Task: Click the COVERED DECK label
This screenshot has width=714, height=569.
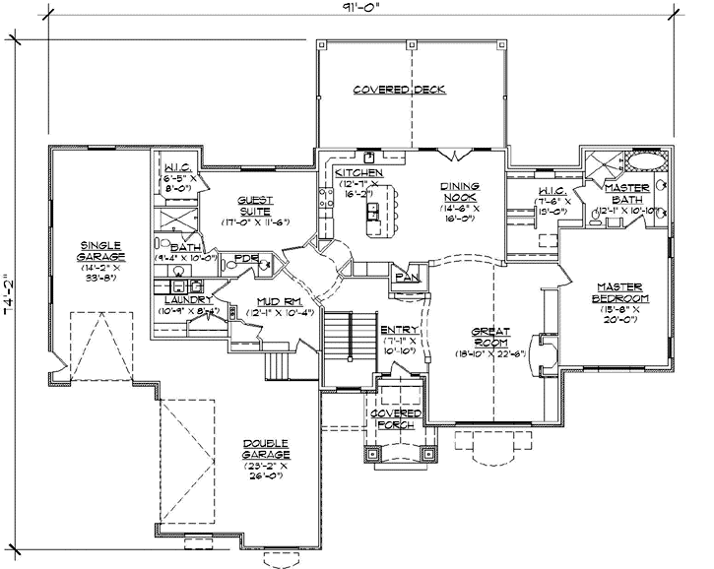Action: click(399, 90)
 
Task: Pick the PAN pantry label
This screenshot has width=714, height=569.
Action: click(405, 279)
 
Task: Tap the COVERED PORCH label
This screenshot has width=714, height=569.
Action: click(399, 419)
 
